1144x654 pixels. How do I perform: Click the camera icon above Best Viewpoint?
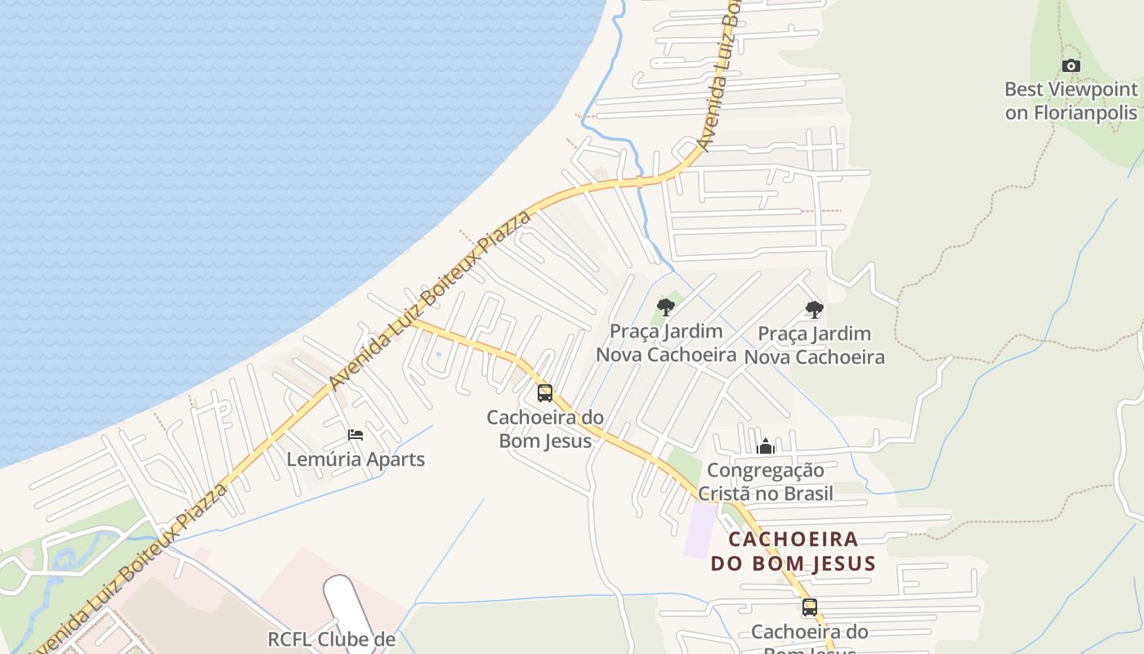(1070, 66)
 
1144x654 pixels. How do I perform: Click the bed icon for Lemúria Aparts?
(355, 435)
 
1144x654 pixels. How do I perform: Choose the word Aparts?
(395, 459)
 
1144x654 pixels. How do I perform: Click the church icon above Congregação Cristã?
(766, 446)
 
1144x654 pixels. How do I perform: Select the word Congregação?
(766, 471)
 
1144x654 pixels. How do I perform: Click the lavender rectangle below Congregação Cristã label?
(699, 530)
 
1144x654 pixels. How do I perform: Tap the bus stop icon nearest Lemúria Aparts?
(545, 393)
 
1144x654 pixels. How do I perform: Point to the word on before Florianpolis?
(1017, 113)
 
